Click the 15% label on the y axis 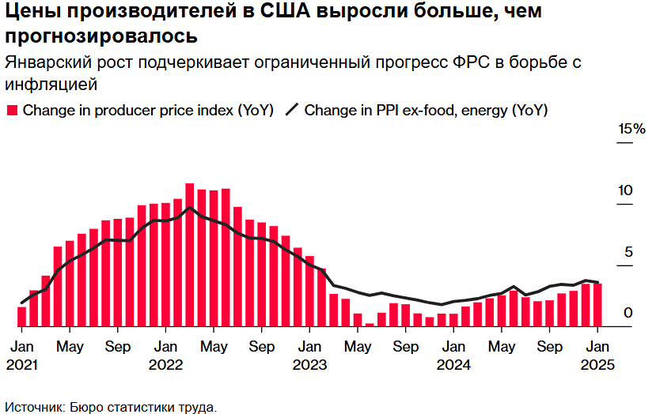coord(631,130)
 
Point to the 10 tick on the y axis coord(625,190)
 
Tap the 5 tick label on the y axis coord(628,252)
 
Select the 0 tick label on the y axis coord(628,313)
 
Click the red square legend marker coord(12,111)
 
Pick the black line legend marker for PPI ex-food coord(291,111)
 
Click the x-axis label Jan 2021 coord(22,356)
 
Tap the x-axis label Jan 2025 coord(597,356)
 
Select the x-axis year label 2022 coord(165,365)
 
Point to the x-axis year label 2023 coord(309,365)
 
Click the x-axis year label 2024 coord(453,365)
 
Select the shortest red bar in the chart coord(370,324)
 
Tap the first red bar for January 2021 coord(22,316)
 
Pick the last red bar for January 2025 coord(597,305)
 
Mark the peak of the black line coord(190,209)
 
